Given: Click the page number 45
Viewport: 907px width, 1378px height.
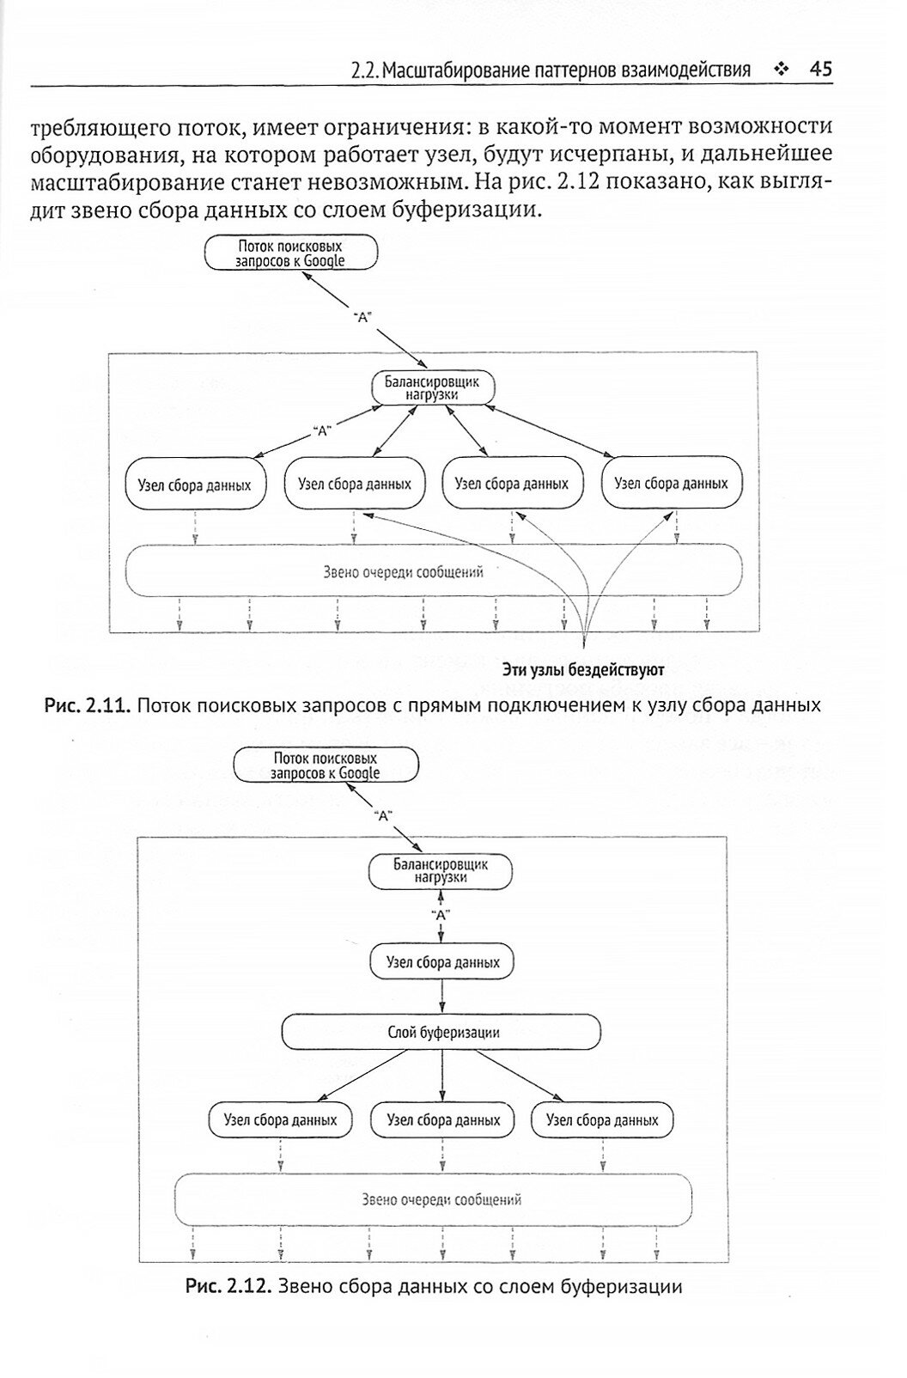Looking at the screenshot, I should (821, 69).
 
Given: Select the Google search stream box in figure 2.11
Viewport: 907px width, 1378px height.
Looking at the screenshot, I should (291, 253).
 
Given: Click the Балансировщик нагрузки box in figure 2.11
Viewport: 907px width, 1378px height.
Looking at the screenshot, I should (433, 388).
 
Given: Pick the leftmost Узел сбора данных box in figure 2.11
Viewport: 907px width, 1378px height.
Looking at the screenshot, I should (195, 485).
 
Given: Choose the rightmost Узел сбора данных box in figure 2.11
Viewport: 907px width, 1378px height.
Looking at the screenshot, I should (671, 483).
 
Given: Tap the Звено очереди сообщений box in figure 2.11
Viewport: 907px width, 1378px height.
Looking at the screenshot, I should (434, 571).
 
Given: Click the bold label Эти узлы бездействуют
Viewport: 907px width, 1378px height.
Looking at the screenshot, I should (585, 668).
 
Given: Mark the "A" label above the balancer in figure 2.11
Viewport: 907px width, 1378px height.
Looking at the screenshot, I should (362, 317).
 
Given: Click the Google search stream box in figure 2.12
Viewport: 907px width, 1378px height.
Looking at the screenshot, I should (326, 766).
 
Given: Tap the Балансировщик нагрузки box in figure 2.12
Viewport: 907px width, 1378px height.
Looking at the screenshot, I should (440, 872).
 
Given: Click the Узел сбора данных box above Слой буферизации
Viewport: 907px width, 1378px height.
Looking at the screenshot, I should (442, 962).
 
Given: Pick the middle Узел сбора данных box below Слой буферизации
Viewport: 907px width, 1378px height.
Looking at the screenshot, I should (443, 1120).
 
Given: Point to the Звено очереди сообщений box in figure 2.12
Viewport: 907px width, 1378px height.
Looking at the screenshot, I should (434, 1198).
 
